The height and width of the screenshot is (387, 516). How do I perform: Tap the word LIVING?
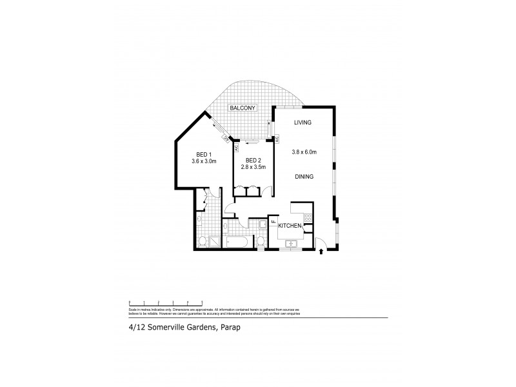(x=303, y=123)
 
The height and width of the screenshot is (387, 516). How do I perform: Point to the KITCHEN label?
(x=291, y=225)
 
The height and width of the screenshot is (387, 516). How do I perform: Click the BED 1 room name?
(x=203, y=154)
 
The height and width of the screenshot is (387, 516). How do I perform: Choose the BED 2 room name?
(x=253, y=160)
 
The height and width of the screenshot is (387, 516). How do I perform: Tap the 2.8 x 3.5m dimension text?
(x=253, y=167)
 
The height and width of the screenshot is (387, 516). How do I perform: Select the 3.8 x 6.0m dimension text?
(x=303, y=152)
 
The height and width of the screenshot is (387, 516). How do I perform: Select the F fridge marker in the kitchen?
(x=273, y=224)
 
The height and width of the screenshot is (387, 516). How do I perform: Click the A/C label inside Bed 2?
(x=237, y=147)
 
